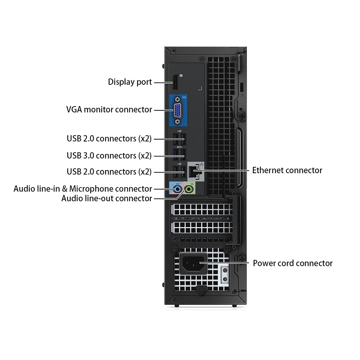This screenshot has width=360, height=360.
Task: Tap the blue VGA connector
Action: [x=177, y=110]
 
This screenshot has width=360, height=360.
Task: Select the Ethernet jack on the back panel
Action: [x=193, y=172]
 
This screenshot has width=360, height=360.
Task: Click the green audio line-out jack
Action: [x=189, y=189]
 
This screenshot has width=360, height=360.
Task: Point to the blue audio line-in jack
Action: [x=177, y=189]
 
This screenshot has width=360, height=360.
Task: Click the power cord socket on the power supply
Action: [x=193, y=264]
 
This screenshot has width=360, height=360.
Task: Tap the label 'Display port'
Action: [x=130, y=82]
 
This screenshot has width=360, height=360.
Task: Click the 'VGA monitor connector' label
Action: [x=109, y=110]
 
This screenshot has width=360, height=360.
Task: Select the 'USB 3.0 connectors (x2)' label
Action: [x=109, y=156]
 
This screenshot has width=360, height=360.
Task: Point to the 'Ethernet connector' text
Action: [x=287, y=170]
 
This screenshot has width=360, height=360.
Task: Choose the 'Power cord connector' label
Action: [x=292, y=263]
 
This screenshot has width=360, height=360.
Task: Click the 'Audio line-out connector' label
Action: [x=106, y=198]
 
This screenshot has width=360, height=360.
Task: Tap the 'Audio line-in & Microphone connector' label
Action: [x=83, y=189]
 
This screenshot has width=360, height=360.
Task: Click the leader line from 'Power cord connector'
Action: [x=224, y=262]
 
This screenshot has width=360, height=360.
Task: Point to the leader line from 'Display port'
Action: [x=163, y=82]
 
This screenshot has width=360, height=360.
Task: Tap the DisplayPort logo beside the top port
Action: [x=181, y=76]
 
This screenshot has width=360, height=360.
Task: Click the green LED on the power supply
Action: [x=225, y=279]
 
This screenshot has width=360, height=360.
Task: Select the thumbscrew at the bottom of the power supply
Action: [x=202, y=291]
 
